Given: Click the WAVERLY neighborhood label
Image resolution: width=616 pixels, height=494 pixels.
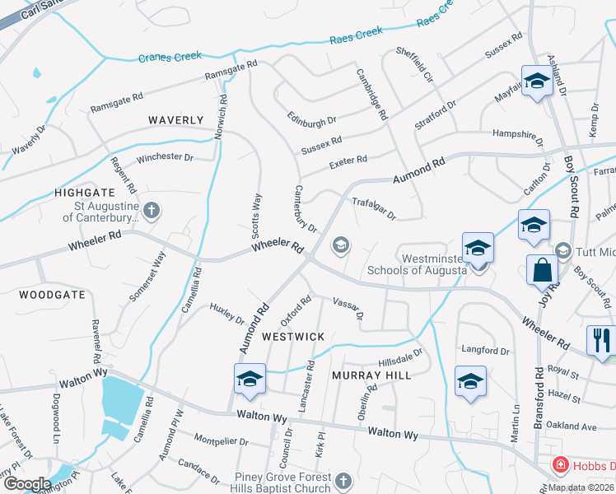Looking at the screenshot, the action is [175, 120].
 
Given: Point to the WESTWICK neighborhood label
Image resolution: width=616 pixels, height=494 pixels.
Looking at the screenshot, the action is [293, 337].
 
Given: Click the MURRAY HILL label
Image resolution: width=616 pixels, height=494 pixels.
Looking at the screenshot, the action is [366, 375].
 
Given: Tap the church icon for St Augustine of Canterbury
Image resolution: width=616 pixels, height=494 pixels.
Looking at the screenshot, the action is [152, 210].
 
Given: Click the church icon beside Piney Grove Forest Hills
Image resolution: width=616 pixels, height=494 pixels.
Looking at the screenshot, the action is [343, 481].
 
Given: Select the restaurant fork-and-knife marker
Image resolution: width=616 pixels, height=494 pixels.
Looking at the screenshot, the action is [601, 339].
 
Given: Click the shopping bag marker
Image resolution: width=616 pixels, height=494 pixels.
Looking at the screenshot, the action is [543, 268].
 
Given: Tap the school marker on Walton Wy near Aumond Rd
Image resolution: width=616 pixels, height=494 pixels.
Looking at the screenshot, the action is [250, 378].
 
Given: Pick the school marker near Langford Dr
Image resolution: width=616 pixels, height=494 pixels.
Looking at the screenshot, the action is [470, 381].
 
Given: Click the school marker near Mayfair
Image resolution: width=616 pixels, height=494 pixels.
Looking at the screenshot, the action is [537, 81].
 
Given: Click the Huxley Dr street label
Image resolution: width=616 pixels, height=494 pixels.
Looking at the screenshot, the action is [227, 313].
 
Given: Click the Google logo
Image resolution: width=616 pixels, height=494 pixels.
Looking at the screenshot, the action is [27, 484].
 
